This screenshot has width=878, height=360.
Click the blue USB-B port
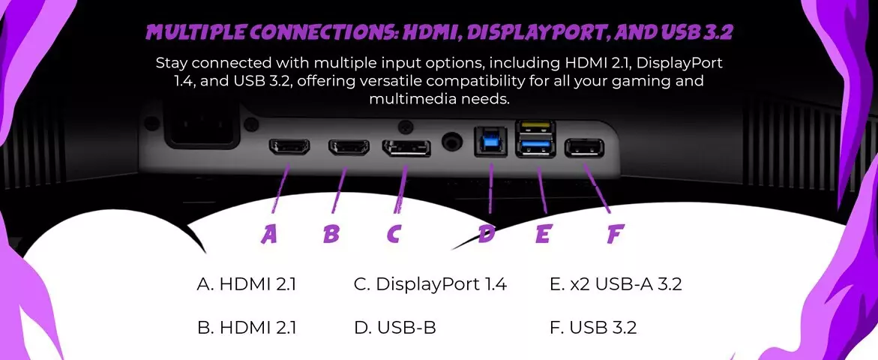(490, 142)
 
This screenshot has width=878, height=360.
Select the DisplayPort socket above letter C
(406, 148)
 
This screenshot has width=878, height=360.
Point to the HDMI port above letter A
(289, 147)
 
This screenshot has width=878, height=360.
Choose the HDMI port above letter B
(349, 147)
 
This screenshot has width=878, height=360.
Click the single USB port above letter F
(585, 148)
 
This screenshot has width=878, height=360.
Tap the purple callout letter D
(487, 234)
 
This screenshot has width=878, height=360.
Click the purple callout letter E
(543, 234)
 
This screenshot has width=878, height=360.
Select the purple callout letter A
(269, 234)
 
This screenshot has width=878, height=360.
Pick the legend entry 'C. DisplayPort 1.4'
(430, 285)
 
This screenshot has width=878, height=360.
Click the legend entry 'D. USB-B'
(395, 328)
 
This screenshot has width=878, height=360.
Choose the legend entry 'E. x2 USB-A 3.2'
(616, 284)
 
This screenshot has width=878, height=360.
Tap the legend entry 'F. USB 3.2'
(594, 328)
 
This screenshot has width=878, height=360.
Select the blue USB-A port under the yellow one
(535, 147)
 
